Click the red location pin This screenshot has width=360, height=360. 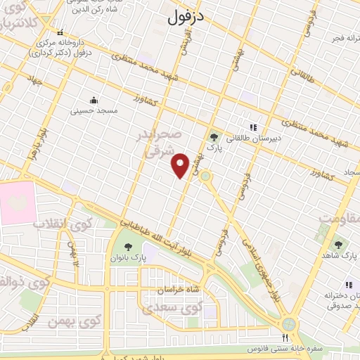(x=181, y=165)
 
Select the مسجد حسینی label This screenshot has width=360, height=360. (x=94, y=111)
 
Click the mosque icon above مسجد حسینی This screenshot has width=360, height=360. (x=94, y=99)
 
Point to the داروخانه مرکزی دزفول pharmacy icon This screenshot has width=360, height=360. (x=60, y=32)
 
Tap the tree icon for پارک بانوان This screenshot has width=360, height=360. (x=127, y=246)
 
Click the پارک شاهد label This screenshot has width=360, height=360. (x=338, y=257)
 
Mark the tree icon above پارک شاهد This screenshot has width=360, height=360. (x=338, y=245)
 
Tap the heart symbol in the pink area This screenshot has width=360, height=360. (x=15, y=202)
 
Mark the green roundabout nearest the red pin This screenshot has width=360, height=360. (x=205, y=176)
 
